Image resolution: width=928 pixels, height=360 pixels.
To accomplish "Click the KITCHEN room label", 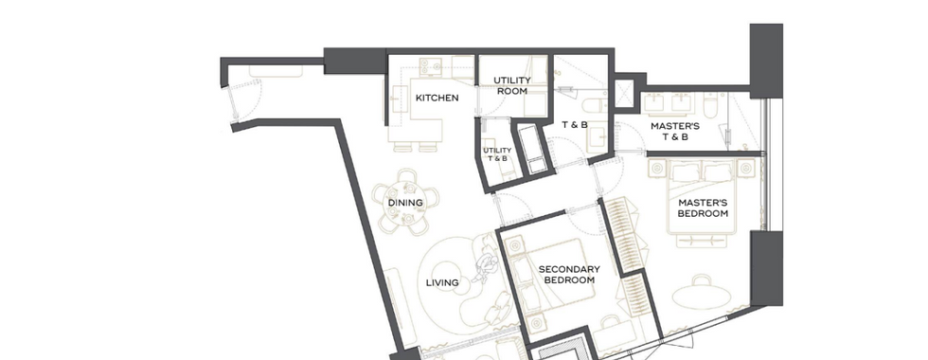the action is pyautogui.click(x=437, y=98).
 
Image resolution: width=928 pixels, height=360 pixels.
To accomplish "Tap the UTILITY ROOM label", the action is pyautogui.click(x=512, y=85).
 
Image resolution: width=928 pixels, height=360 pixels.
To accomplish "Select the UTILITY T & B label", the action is pyautogui.click(x=497, y=154).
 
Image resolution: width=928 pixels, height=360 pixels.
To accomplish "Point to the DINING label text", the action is pyautogui.click(x=405, y=203).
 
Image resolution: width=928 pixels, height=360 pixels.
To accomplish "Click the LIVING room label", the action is pyautogui.click(x=442, y=282).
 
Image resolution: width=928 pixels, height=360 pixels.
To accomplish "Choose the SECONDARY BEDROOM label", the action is pyautogui.click(x=569, y=274).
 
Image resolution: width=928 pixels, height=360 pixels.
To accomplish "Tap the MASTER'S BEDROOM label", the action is pyautogui.click(x=703, y=207).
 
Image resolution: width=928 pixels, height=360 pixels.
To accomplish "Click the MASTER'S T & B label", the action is pyautogui.click(x=674, y=132).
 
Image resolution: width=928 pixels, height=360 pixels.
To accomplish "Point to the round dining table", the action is pyautogui.click(x=405, y=201).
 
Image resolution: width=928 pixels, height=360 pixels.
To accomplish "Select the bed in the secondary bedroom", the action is pyautogui.click(x=557, y=277).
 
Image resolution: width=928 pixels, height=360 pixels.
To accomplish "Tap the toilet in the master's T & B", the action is pyautogui.click(x=711, y=104).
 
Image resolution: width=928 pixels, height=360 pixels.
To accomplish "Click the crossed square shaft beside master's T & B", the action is pyautogui.click(x=624, y=94).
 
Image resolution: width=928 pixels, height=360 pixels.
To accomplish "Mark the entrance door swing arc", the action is pyautogui.click(x=248, y=100).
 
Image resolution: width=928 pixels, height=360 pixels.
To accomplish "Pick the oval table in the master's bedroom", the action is pyautogui.click(x=702, y=296).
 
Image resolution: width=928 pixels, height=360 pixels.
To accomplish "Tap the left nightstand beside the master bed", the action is pyautogui.click(x=657, y=169).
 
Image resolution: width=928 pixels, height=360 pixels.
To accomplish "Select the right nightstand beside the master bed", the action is pyautogui.click(x=746, y=169).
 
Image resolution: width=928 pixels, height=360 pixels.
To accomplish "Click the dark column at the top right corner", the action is pyautogui.click(x=766, y=61).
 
